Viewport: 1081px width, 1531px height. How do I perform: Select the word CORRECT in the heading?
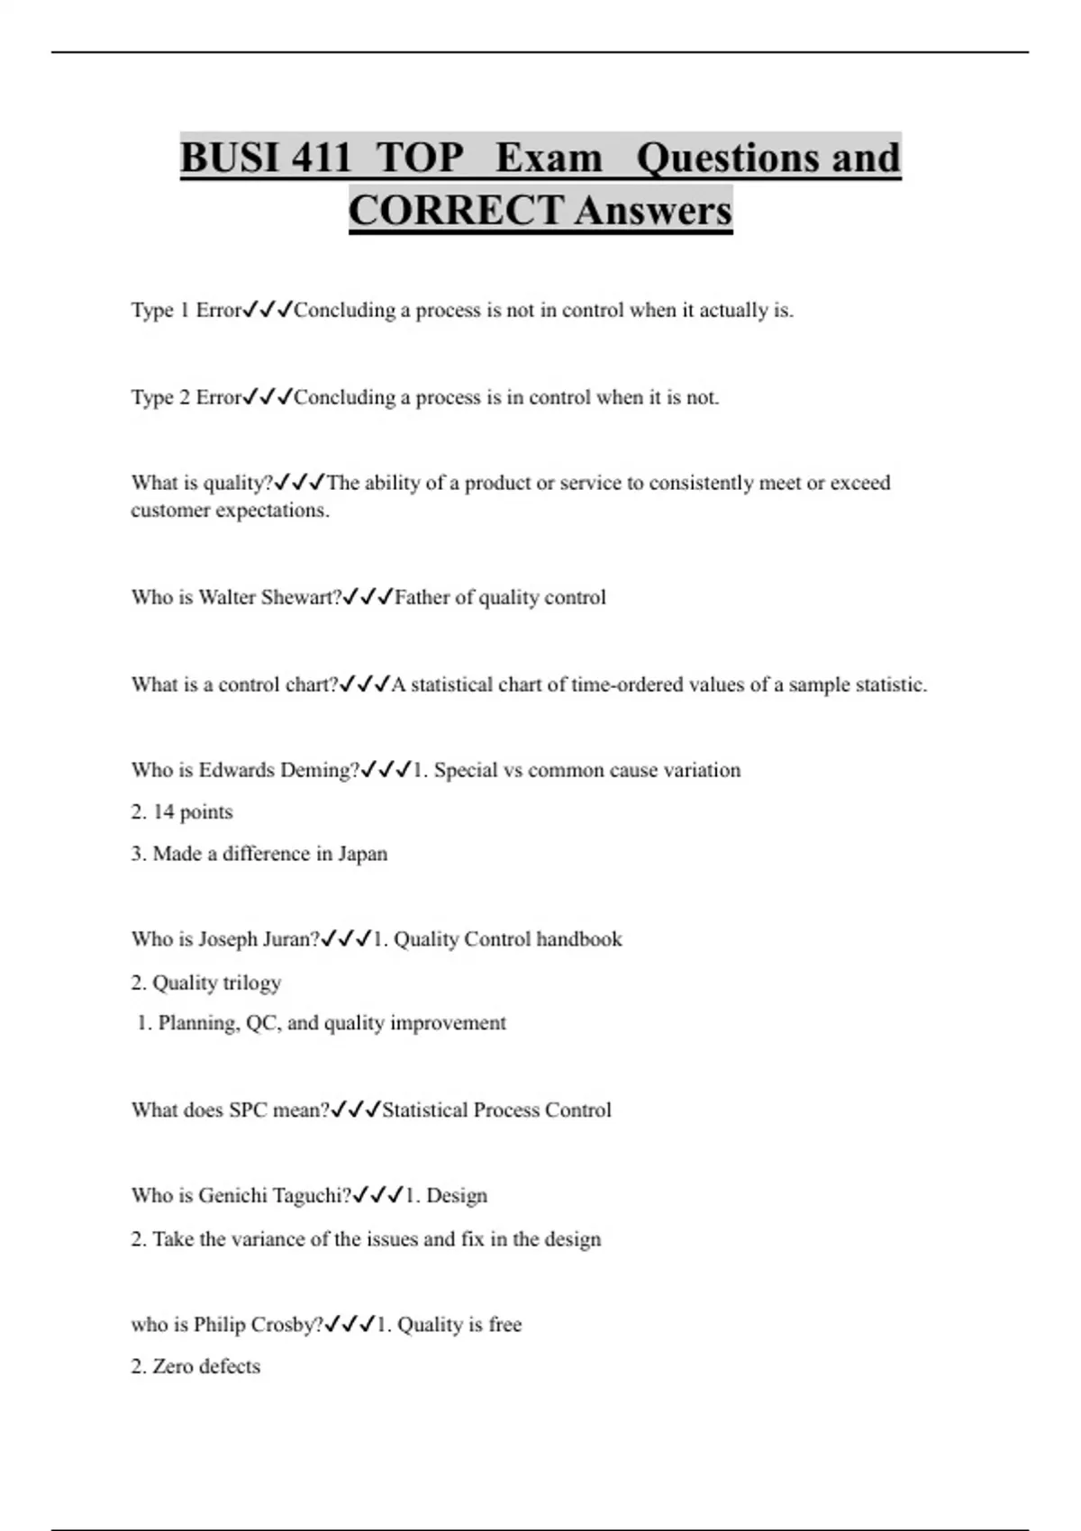coord(456,211)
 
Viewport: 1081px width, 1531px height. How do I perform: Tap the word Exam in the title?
coord(548,158)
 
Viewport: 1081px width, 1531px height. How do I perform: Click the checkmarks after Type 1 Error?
coord(268,311)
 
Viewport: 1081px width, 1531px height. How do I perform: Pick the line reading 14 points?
coord(182,812)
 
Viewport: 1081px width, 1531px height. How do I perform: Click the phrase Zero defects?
coord(205,1366)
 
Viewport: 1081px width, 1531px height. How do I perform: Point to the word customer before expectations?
coord(168,511)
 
